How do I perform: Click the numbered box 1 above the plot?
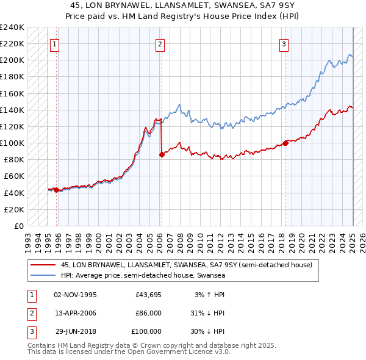pyautogui.click(x=55, y=43)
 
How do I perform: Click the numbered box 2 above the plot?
pyautogui.click(x=160, y=43)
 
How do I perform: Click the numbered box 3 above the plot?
pyautogui.click(x=284, y=43)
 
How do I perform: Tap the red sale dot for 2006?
pyautogui.click(x=162, y=155)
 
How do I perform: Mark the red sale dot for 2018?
pyautogui.click(x=285, y=143)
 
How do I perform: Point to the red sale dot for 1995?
pyautogui.click(x=56, y=190)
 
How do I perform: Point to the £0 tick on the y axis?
pyautogui.click(x=18, y=226)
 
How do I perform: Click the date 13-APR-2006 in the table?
pyautogui.click(x=75, y=313)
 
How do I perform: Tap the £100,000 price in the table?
pyautogui.click(x=147, y=331)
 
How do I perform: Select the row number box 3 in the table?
pyautogui.click(x=30, y=331)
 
